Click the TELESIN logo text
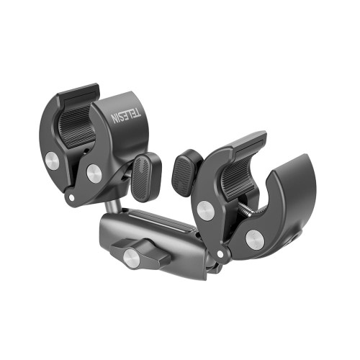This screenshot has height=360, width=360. click(x=126, y=116)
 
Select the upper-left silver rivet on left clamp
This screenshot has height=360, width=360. click(x=52, y=161)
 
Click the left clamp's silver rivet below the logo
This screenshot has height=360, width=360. click(x=94, y=174)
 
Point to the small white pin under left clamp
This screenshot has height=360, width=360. click(x=71, y=197)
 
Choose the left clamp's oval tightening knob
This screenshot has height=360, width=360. click(x=146, y=177)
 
